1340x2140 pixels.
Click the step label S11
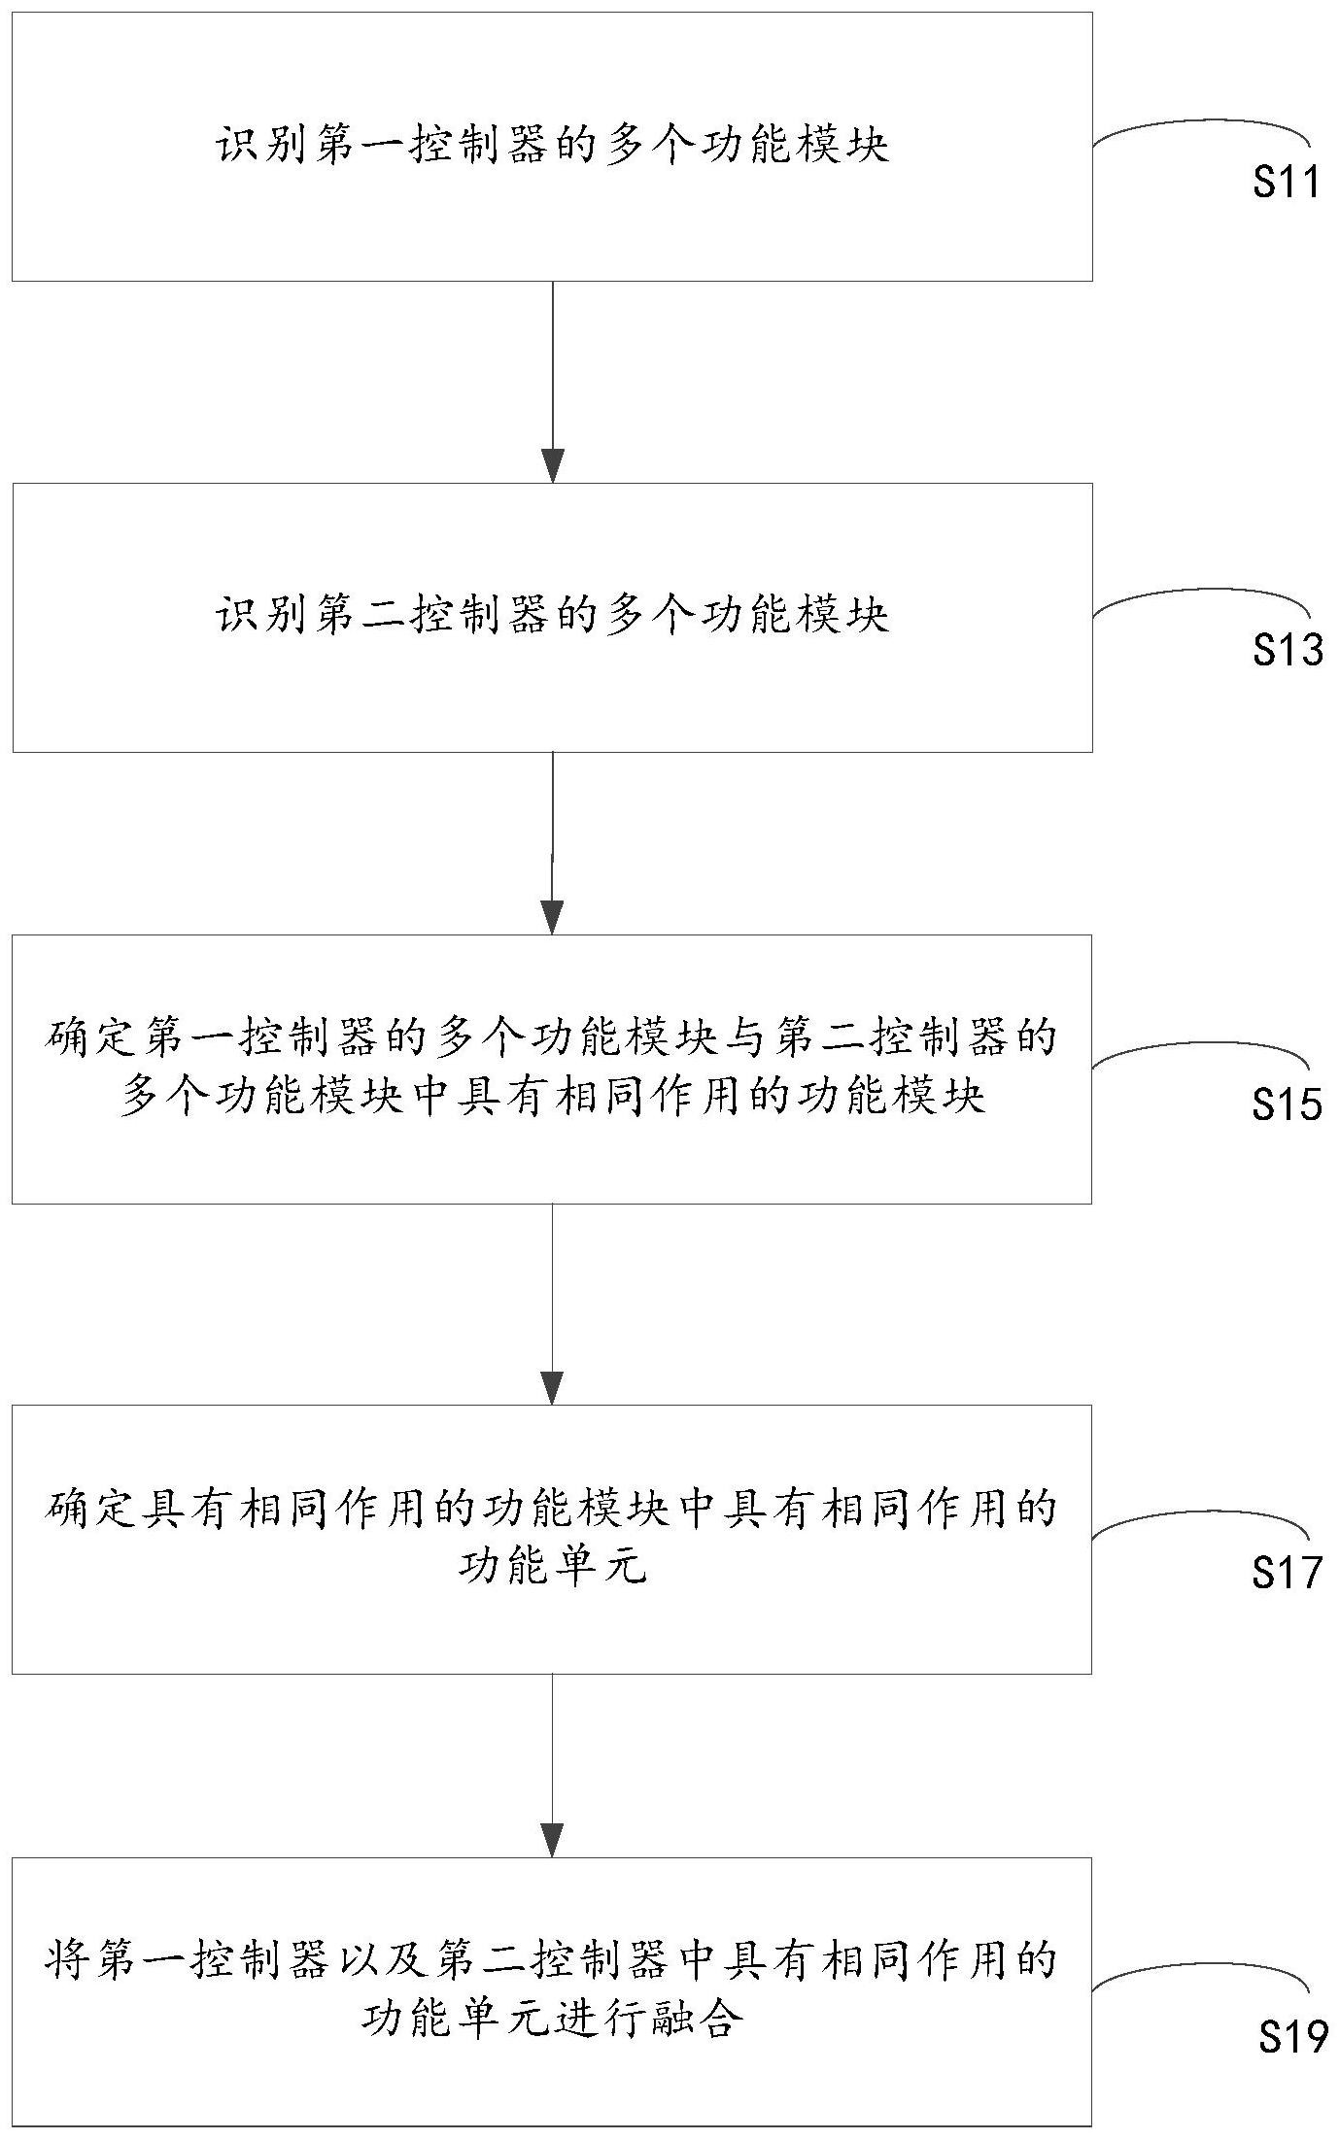pyautogui.click(x=1286, y=183)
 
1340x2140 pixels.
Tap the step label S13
pyautogui.click(x=1286, y=650)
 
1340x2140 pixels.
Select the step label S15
pyautogui.click(x=1286, y=1104)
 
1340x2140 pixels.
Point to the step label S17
pyautogui.click(x=1286, y=1571)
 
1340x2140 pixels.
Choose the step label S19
pyautogui.click(x=1291, y=2037)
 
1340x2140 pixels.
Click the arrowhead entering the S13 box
pyautogui.click(x=552, y=466)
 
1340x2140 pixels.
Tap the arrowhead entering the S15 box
pyautogui.click(x=552, y=918)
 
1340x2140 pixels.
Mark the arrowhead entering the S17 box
pyautogui.click(x=552, y=1388)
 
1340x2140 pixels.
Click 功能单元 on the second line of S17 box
pyautogui.click(x=552, y=1567)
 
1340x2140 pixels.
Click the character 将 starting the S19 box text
pyautogui.click(x=68, y=1961)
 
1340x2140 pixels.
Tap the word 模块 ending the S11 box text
pyautogui.click(x=841, y=148)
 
